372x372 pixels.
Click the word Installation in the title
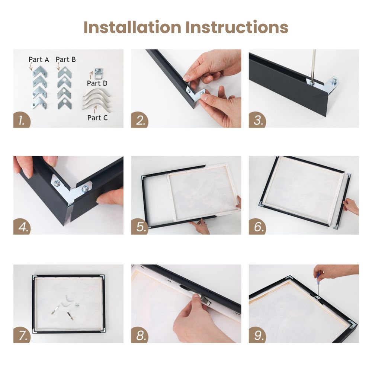pyautogui.click(x=132, y=27)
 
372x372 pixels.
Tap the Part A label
pyautogui.click(x=39, y=60)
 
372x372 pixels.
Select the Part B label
pyautogui.click(x=66, y=59)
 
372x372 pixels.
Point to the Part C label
pyautogui.click(x=97, y=118)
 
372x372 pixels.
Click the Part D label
pyautogui.click(x=97, y=83)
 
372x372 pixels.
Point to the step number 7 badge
pyautogui.click(x=22, y=335)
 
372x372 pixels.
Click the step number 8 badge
pyautogui.click(x=139, y=335)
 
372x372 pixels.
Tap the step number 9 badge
pyautogui.click(x=257, y=335)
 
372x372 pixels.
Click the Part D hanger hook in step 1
pyautogui.click(x=99, y=73)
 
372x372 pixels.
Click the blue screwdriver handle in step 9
pyautogui.click(x=318, y=276)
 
